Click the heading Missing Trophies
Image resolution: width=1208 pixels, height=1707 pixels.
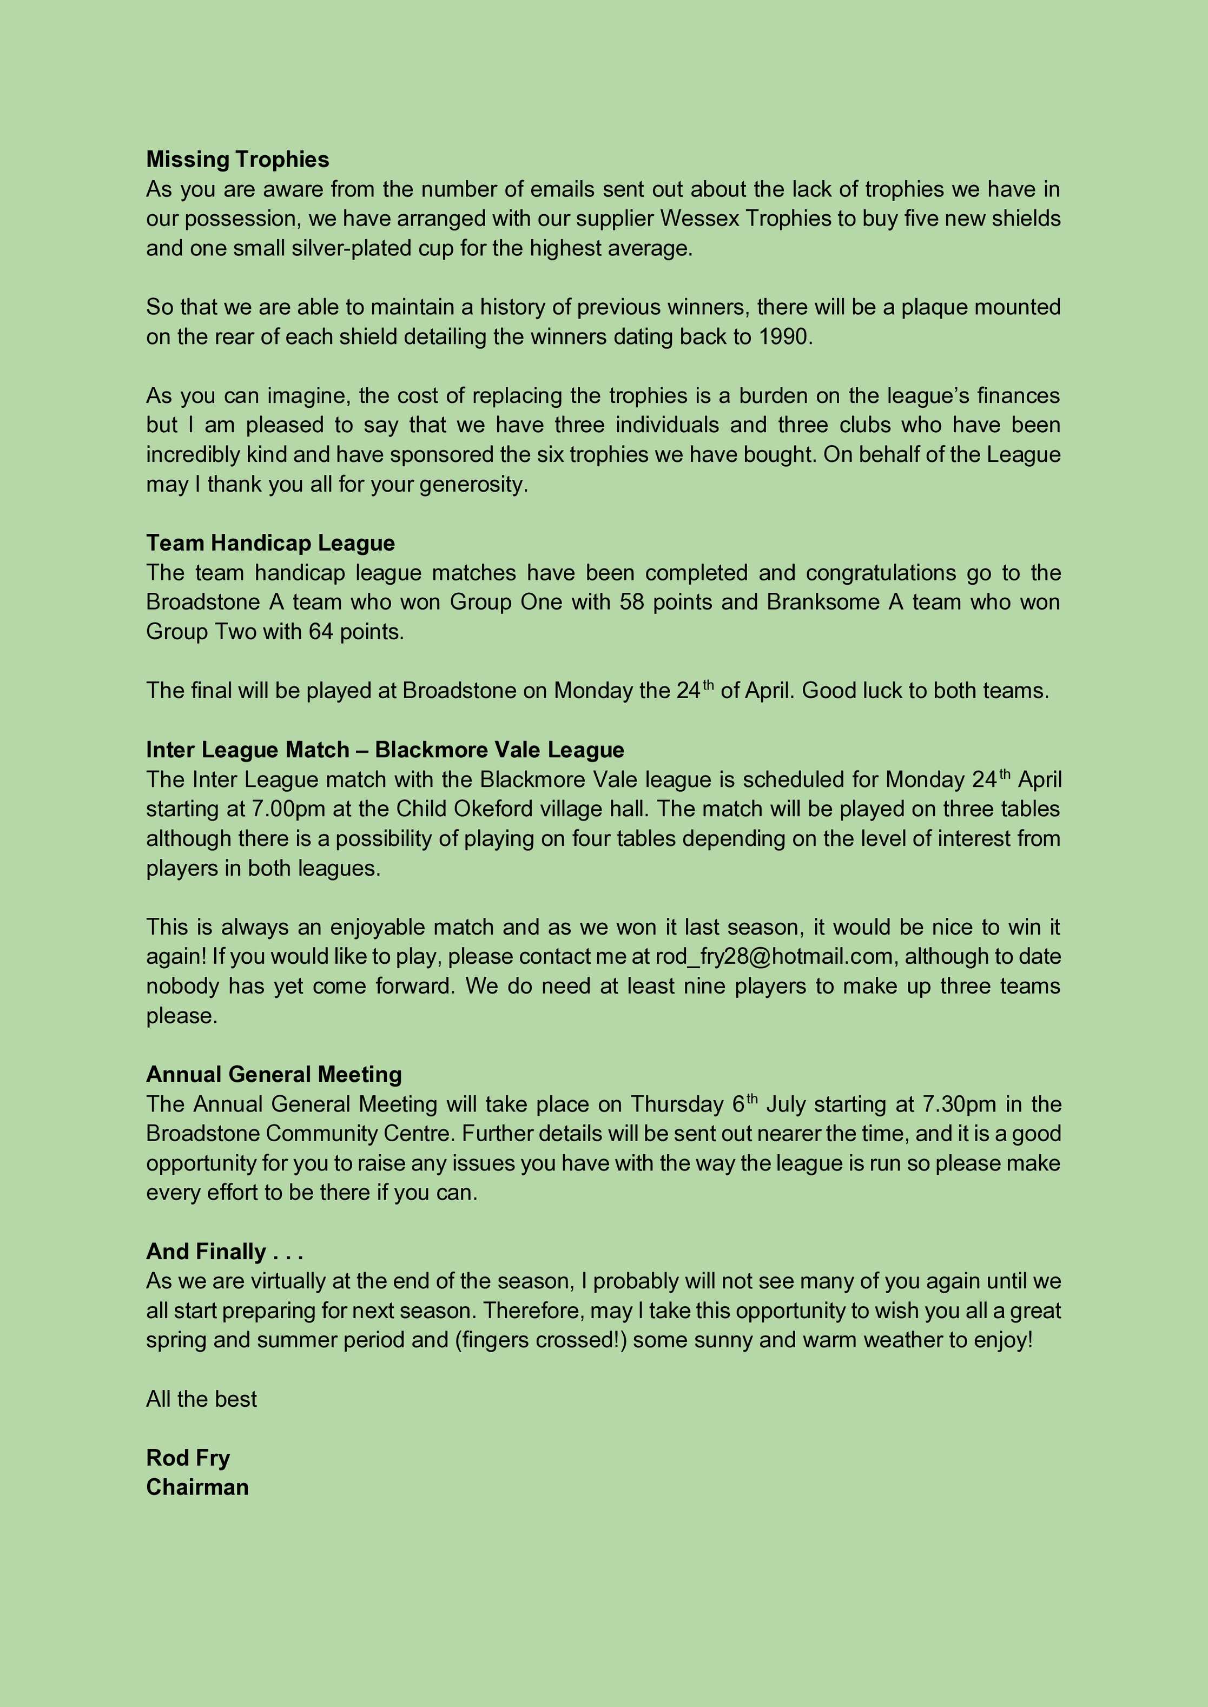(x=237, y=159)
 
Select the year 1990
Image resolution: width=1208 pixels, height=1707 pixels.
(x=785, y=337)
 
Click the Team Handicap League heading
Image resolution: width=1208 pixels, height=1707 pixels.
(x=270, y=543)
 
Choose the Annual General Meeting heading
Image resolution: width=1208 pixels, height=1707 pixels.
(x=274, y=1074)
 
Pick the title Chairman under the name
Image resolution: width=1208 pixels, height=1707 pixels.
(x=197, y=1487)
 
